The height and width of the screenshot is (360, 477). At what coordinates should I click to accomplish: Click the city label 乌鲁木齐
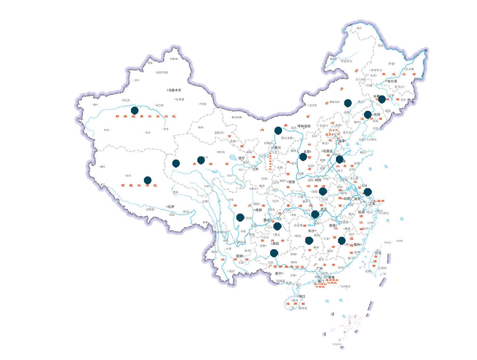[175, 90]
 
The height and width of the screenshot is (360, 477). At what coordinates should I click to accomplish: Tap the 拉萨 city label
[171, 207]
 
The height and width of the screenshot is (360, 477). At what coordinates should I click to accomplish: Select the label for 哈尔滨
[392, 81]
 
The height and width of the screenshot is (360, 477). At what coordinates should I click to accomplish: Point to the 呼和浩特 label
[304, 126]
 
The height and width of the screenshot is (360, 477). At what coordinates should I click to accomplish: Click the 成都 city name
[258, 210]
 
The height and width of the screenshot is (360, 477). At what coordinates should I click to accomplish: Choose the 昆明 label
[239, 256]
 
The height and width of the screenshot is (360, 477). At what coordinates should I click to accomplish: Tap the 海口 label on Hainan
[302, 296]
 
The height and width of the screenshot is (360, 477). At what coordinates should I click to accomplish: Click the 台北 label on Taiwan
[377, 253]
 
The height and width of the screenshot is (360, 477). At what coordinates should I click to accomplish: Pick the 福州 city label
[357, 245]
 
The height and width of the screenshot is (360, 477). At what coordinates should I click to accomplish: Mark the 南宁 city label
[279, 274]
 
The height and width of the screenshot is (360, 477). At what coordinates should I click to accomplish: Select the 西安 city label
[291, 182]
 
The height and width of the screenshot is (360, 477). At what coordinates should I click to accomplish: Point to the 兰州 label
[255, 169]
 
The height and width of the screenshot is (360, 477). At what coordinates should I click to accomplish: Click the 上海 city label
[372, 204]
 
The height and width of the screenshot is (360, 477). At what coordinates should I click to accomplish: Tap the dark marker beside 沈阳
[368, 115]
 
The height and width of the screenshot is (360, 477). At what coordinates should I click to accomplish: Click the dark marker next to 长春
[382, 99]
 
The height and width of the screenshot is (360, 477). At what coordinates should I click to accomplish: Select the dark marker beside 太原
[303, 157]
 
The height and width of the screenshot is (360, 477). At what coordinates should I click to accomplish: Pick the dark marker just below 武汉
[315, 215]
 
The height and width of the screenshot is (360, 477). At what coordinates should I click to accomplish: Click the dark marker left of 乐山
[240, 218]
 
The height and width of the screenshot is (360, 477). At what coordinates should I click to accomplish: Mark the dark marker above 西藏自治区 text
[148, 180]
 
